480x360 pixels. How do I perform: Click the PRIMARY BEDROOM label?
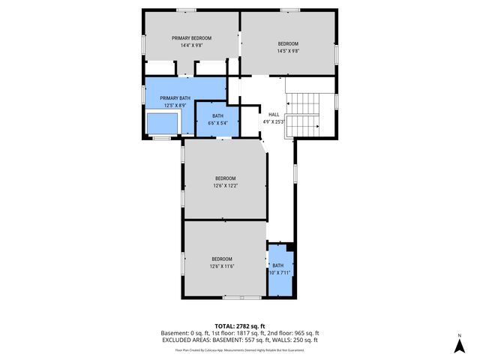click(x=191, y=38)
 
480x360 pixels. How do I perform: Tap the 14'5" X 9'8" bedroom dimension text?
click(x=288, y=51)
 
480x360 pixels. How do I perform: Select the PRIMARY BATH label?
click(x=174, y=98)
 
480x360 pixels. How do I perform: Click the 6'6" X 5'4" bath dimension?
click(x=217, y=123)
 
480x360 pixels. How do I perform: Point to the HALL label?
click(x=273, y=114)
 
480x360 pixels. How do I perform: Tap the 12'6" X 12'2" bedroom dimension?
click(x=225, y=185)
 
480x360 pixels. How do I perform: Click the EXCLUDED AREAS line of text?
click(x=240, y=340)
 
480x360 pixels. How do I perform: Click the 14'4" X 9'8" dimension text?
click(x=191, y=46)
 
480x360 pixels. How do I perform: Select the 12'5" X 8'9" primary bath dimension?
click(x=174, y=106)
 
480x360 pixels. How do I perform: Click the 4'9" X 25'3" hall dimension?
click(x=273, y=121)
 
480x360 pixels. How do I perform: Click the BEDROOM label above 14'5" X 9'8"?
click(x=288, y=43)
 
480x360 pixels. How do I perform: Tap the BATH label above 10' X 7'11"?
click(x=278, y=265)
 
